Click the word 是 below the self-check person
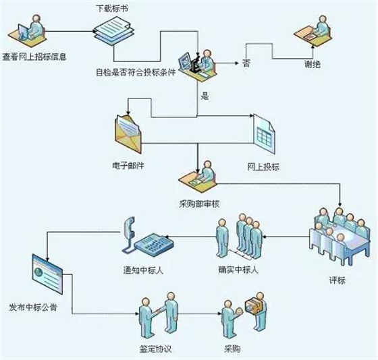(204, 96)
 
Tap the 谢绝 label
(313, 66)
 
